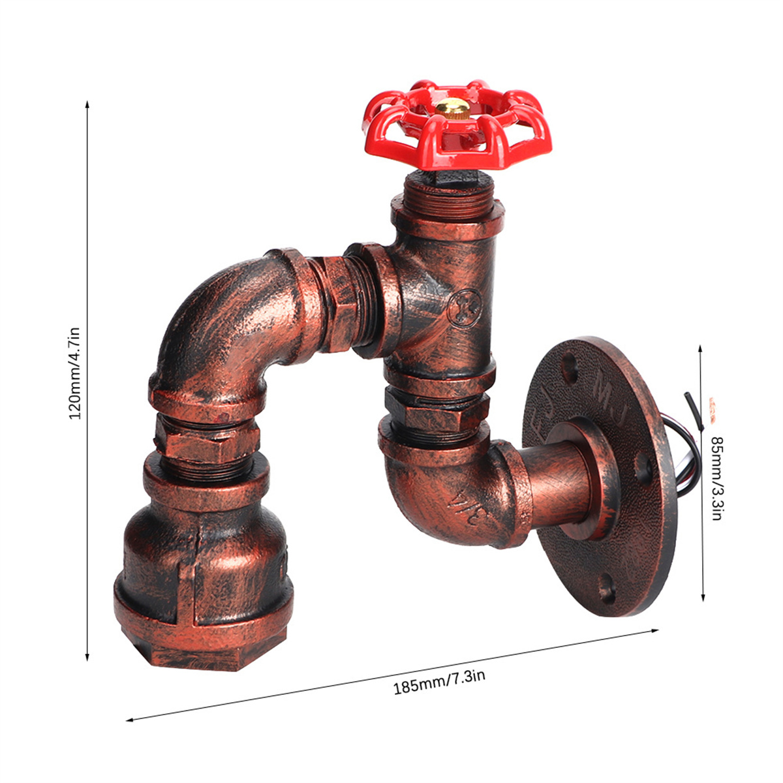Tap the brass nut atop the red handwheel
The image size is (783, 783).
point(452,110)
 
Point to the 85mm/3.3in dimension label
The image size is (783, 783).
point(716,478)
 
